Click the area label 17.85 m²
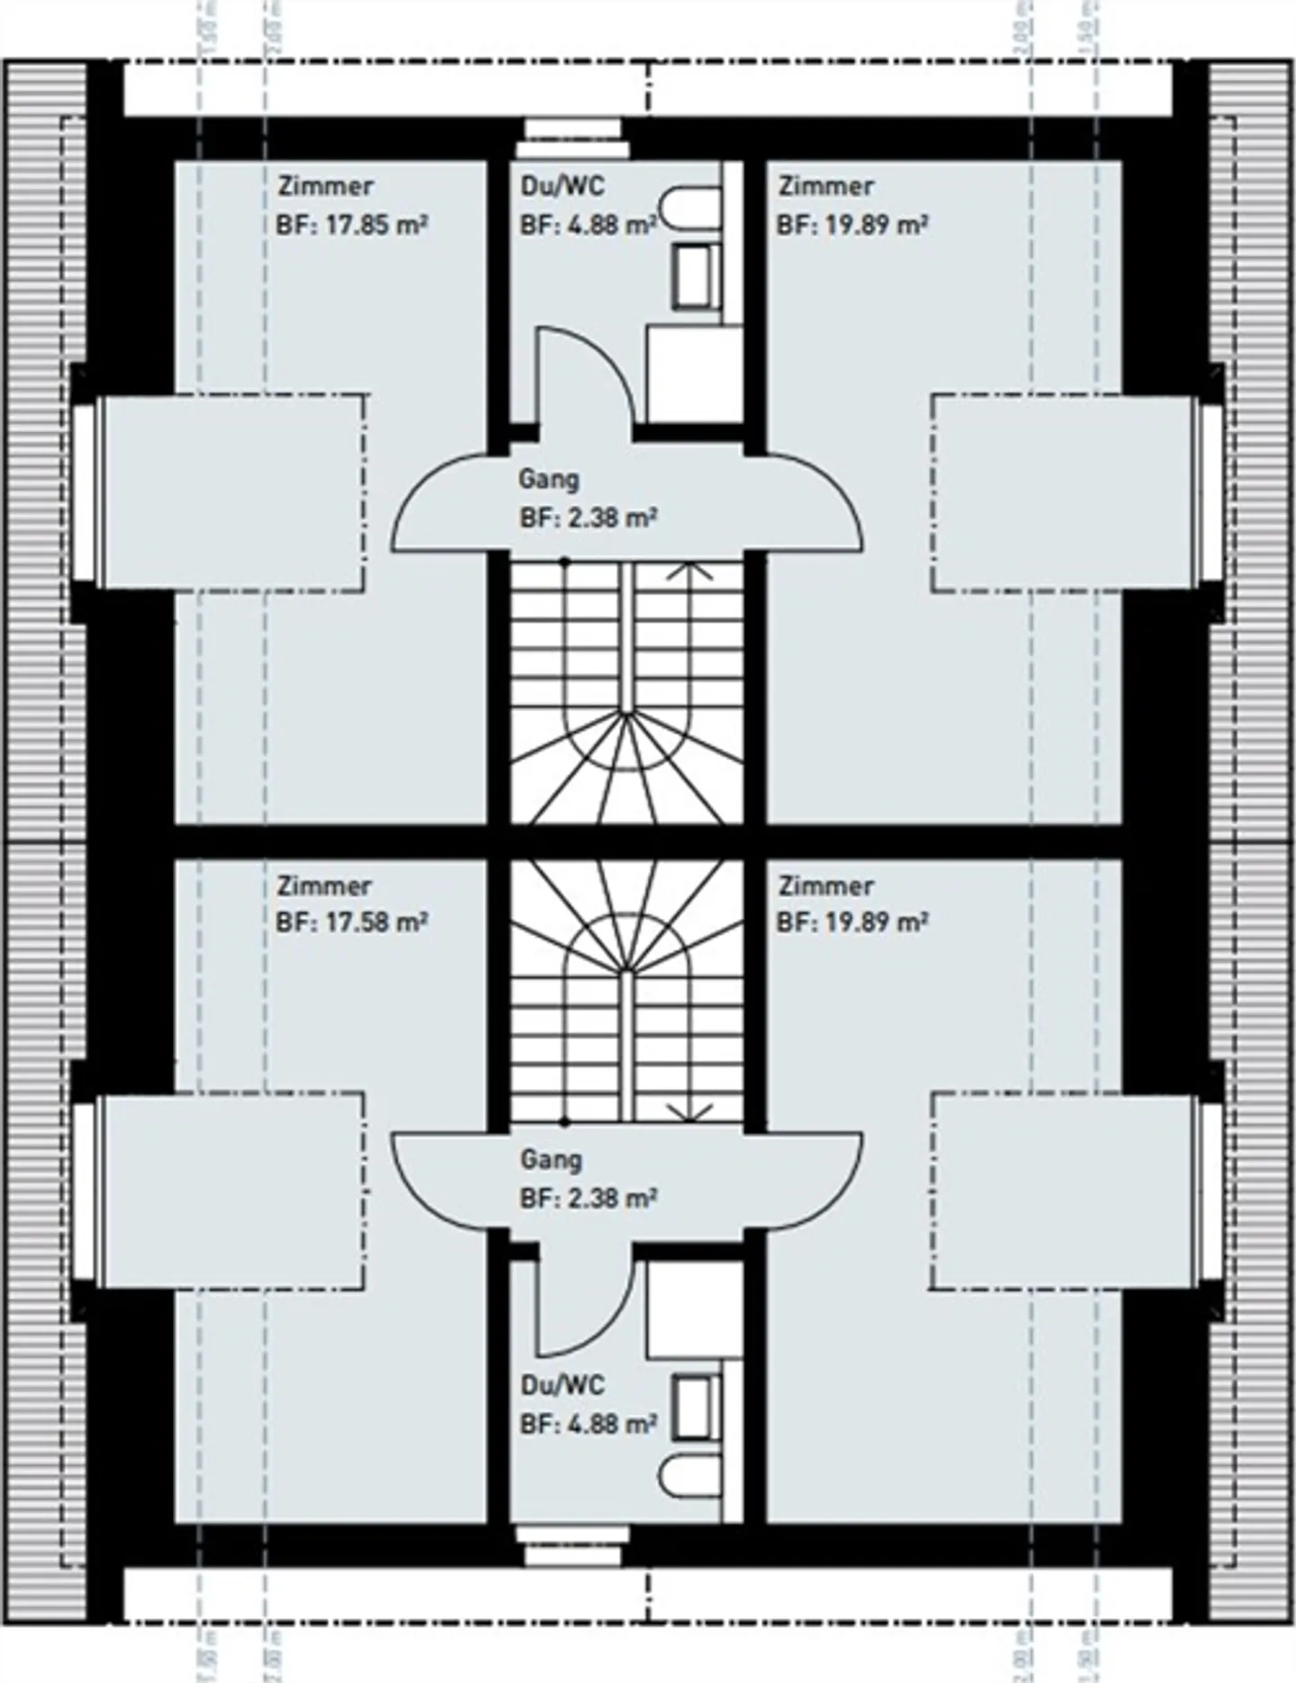click(x=375, y=225)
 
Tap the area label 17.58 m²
click(x=375, y=922)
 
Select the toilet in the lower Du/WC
click(x=691, y=1476)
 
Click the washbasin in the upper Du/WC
click(x=697, y=276)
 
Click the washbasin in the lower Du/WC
click(x=697, y=1408)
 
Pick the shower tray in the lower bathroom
click(x=693, y=1309)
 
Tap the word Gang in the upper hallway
click(x=548, y=479)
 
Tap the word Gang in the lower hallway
click(x=550, y=1159)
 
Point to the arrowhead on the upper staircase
click(x=691, y=570)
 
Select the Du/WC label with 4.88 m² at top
click(x=563, y=186)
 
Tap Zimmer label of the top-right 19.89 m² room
click(x=825, y=186)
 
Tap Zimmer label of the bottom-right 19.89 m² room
click(x=825, y=886)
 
